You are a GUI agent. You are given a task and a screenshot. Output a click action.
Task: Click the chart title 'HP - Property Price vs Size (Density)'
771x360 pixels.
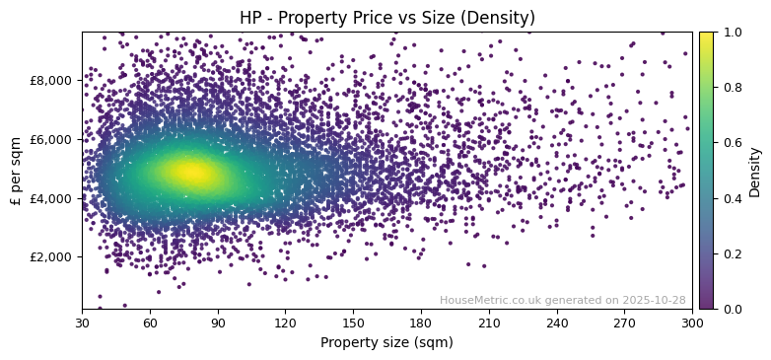[x=386, y=18]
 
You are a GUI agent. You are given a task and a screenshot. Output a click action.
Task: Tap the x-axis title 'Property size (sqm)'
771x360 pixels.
[x=386, y=342]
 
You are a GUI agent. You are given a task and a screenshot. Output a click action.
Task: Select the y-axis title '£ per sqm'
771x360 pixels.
[x=17, y=170]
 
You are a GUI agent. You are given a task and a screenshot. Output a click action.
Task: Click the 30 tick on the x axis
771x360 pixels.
[x=82, y=323]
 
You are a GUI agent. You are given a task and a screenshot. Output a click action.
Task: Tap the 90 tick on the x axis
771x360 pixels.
[x=218, y=323]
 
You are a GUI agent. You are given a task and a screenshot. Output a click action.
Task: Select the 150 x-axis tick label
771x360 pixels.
[x=353, y=323]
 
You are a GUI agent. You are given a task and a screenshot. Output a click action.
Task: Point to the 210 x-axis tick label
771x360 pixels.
[x=489, y=323]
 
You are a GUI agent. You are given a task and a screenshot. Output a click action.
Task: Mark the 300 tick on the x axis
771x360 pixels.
[x=692, y=323]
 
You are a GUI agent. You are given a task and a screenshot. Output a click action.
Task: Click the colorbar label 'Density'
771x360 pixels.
[x=755, y=171]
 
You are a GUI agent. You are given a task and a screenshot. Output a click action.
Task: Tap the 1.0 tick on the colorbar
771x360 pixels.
[x=731, y=32]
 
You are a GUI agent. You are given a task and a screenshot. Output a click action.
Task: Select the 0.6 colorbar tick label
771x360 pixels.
[x=731, y=143]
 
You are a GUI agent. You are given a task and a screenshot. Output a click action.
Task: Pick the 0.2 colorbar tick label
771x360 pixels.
[x=731, y=253]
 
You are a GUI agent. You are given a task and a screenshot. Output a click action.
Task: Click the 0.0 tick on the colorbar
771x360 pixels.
[x=731, y=309]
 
